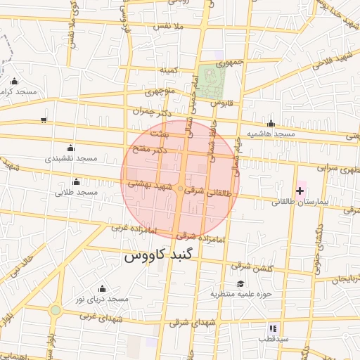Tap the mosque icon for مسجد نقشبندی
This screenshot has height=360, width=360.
[70, 148]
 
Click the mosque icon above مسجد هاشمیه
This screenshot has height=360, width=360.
[271, 123]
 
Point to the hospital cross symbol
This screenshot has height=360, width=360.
[300, 191]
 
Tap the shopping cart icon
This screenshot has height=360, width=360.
[44, 120]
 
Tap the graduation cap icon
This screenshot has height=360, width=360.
[240, 283]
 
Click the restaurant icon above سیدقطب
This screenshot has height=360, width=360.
[273, 328]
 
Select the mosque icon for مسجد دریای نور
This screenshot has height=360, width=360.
[102, 288]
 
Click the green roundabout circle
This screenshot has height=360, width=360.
[56, 310]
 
